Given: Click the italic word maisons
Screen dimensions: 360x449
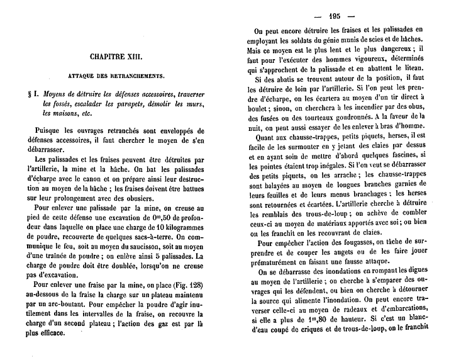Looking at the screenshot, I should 57,113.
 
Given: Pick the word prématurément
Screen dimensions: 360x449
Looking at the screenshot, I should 277,264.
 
